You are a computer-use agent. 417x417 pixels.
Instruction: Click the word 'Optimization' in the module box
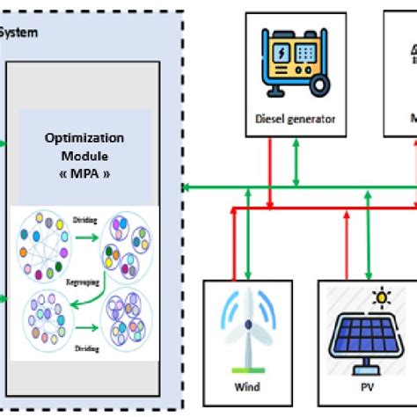tap(85, 137)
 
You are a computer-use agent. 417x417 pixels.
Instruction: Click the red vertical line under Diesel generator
tap(273, 172)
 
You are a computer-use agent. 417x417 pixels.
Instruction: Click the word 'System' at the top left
tap(19, 34)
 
